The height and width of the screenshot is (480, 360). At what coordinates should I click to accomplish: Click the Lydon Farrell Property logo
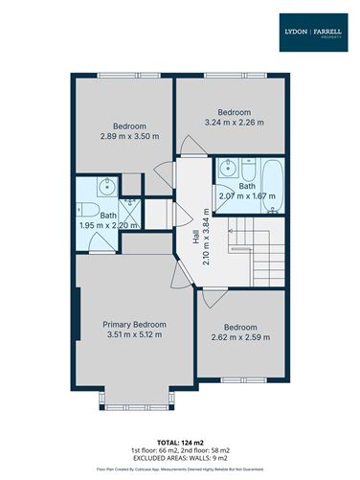(x=313, y=32)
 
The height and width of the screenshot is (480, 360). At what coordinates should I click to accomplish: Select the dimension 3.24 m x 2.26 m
(x=235, y=122)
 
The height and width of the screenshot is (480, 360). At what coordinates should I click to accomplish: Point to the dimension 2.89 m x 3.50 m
(x=130, y=137)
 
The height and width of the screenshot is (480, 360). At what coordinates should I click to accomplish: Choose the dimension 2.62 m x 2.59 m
(x=241, y=337)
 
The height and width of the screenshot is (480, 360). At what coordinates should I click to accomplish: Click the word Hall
(x=195, y=221)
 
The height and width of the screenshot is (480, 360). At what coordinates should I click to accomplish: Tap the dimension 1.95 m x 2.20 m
(x=109, y=226)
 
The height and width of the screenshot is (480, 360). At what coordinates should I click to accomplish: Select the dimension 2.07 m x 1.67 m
(x=247, y=196)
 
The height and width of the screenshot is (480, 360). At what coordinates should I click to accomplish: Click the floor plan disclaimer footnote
(x=180, y=470)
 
